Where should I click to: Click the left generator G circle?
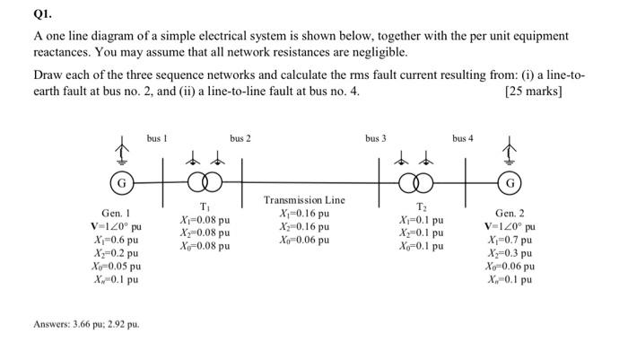pyautogui.click(x=118, y=185)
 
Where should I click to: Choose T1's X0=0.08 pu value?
pyautogui.click(x=205, y=245)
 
